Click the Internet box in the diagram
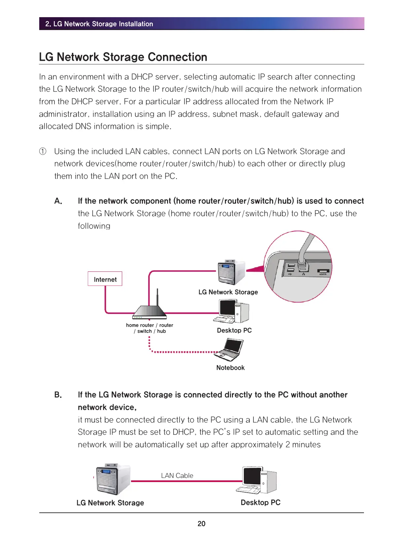105,279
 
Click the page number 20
201,524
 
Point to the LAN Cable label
177,475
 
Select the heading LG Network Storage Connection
123,57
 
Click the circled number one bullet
43,152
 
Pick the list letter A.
58,201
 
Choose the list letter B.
58,395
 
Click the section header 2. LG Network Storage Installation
99,24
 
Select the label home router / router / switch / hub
149,328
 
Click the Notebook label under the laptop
230,368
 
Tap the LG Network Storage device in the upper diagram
231,272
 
